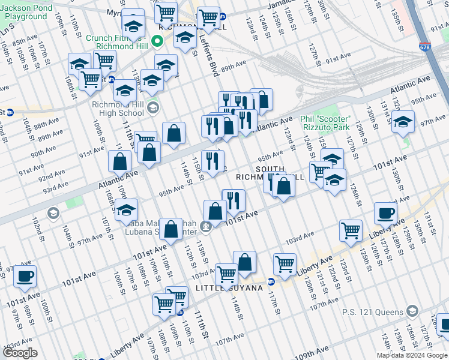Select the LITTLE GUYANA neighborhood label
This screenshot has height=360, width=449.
point(230,289)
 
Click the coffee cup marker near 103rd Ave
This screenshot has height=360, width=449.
point(385,212)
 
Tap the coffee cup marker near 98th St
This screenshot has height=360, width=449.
point(25,275)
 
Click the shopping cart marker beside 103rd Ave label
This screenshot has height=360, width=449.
point(350,229)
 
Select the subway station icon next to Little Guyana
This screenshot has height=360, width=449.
point(271,281)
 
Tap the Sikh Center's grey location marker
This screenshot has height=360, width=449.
point(206,226)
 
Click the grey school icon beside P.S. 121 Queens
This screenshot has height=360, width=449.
point(412,311)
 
